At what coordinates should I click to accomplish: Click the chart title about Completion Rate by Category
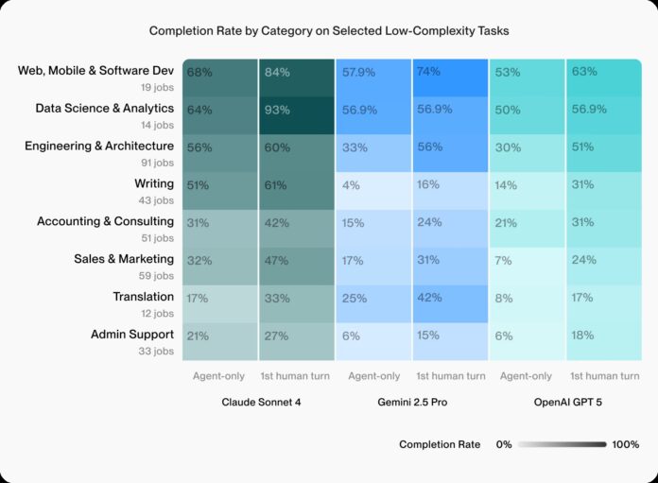click(328, 31)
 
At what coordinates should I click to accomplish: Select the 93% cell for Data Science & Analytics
click(296, 114)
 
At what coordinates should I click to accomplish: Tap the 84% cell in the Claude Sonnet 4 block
click(296, 77)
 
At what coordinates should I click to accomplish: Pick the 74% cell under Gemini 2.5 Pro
click(449, 77)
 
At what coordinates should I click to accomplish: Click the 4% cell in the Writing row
click(373, 190)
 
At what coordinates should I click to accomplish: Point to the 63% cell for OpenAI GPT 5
click(602, 77)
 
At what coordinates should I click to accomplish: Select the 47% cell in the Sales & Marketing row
click(296, 266)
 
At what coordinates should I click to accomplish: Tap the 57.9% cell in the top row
click(373, 77)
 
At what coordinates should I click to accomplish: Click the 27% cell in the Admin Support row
click(296, 341)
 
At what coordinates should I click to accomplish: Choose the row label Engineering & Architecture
click(99, 146)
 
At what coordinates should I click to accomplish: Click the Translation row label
click(144, 297)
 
